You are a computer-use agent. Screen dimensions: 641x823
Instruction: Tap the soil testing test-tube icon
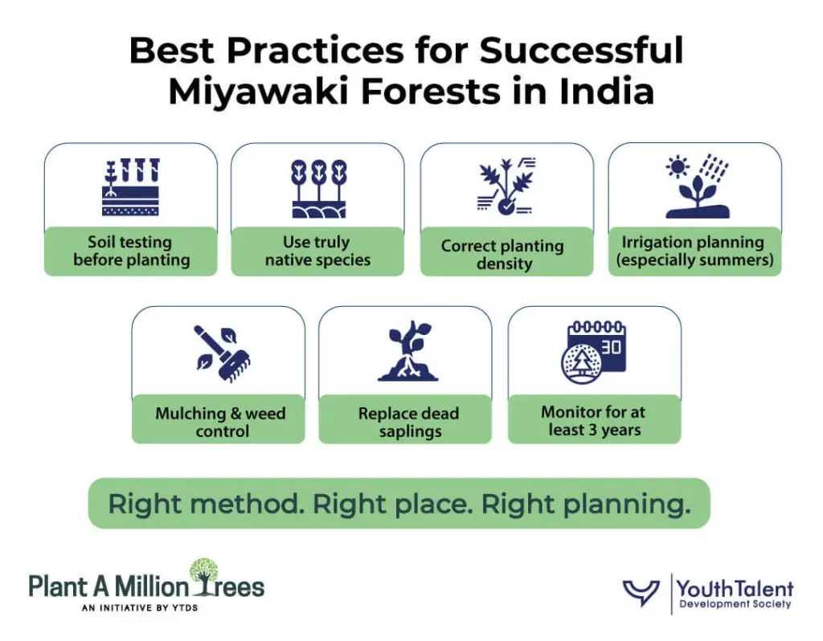(130, 187)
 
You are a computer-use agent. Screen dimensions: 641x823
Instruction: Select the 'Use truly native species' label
(317, 251)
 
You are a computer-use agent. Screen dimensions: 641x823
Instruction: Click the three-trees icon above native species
(318, 188)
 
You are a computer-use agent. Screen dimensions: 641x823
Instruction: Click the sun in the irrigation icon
(679, 166)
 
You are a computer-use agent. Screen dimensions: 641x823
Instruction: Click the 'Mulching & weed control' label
(220, 423)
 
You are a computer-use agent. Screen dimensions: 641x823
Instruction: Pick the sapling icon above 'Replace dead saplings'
(409, 352)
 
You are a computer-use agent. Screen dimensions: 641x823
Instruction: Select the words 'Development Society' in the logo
(735, 604)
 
